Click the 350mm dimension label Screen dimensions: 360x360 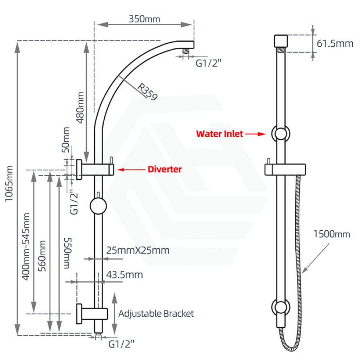click(x=144, y=19)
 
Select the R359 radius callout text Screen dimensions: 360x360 click(x=147, y=91)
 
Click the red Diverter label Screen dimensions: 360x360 click(x=165, y=169)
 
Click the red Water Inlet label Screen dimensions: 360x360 click(x=219, y=134)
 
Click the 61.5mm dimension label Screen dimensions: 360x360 click(x=335, y=43)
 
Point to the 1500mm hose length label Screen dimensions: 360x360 click(x=332, y=234)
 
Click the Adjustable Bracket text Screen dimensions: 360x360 click(x=156, y=313)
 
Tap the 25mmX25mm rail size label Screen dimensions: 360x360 click(x=138, y=250)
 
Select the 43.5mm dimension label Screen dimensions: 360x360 click(x=125, y=274)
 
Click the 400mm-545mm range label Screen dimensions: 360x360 click(x=26, y=246)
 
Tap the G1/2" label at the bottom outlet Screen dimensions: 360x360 click(x=121, y=343)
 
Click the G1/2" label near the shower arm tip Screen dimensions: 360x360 click(x=208, y=63)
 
